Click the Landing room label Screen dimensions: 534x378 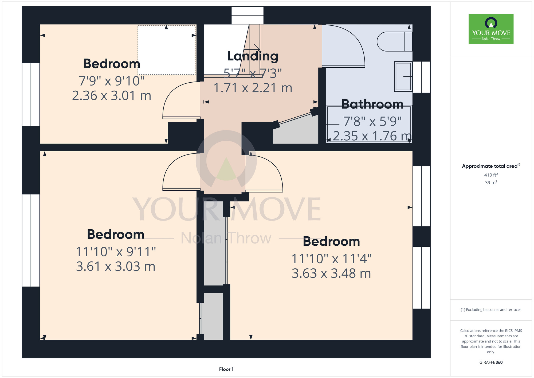point(253,56)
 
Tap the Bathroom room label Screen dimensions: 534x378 point(372,104)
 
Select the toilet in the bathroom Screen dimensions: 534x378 point(395,41)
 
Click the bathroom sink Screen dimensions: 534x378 point(403,76)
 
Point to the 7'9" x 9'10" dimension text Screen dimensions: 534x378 point(112,81)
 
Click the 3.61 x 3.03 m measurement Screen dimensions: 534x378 point(116,266)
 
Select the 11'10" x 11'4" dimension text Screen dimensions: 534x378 point(331,259)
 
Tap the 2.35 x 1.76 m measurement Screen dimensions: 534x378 point(372,136)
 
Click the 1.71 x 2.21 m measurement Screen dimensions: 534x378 point(253,88)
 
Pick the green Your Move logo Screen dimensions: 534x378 point(491,29)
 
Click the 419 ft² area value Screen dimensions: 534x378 point(491,175)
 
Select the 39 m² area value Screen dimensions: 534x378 point(491,183)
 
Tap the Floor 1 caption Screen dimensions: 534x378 point(226,369)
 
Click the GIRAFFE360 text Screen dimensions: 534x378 point(491,362)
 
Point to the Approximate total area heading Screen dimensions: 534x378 point(491,166)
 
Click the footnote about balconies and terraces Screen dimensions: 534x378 point(491,310)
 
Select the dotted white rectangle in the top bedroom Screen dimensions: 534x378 point(167,50)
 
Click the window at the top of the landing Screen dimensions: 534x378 point(248,16)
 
